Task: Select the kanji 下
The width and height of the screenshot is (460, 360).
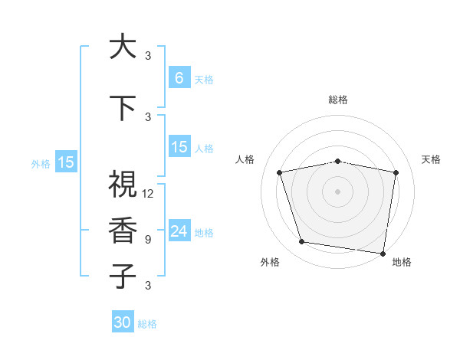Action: pyautogui.click(x=123, y=107)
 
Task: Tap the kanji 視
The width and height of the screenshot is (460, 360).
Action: pyautogui.click(x=123, y=185)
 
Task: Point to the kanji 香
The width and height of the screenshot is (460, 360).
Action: pyautogui.click(x=123, y=231)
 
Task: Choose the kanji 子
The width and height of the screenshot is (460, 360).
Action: pyautogui.click(x=123, y=277)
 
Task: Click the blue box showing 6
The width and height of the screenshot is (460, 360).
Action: pyautogui.click(x=179, y=78)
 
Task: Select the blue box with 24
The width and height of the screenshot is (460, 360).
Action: pyautogui.click(x=179, y=231)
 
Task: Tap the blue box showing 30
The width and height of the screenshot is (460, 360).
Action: pyautogui.click(x=123, y=322)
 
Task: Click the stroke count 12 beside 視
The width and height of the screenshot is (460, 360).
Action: pyautogui.click(x=148, y=194)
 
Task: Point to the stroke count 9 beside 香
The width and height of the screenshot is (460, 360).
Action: pyautogui.click(x=148, y=240)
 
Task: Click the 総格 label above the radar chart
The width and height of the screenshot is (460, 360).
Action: pyautogui.click(x=338, y=100)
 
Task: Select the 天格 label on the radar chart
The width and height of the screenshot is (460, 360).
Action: pyautogui.click(x=432, y=159)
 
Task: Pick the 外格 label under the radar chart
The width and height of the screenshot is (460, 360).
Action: pyautogui.click(x=270, y=262)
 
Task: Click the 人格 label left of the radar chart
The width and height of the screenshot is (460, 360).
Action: pyautogui.click(x=245, y=159)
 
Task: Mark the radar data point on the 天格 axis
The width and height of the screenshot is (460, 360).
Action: pyautogui.click(x=396, y=172)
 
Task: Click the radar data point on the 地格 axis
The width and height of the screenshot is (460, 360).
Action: pyautogui.click(x=383, y=252)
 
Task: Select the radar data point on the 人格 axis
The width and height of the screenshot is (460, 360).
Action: pyautogui.click(x=280, y=172)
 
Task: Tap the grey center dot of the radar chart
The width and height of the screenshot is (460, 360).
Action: pyautogui.click(x=338, y=191)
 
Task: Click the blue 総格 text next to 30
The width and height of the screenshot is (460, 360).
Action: pyautogui.click(x=147, y=324)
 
